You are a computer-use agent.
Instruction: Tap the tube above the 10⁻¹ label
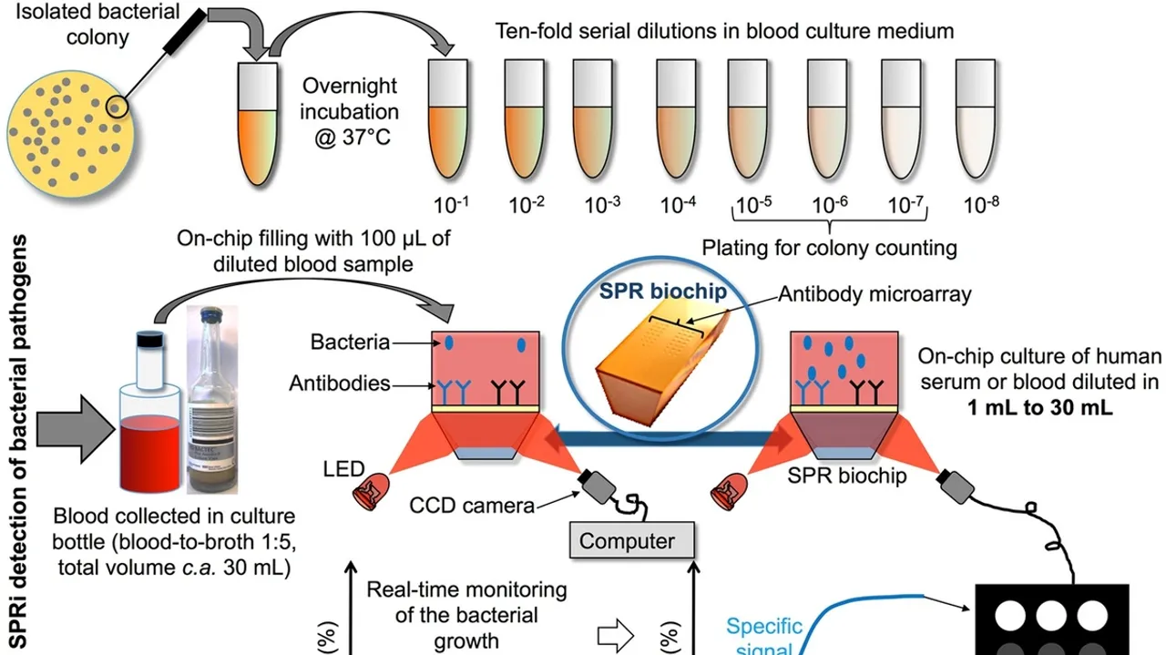[448, 118]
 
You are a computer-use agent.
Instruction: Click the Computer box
[627, 541]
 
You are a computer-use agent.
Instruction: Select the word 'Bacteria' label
[350, 343]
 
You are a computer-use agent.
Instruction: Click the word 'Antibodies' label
[339, 384]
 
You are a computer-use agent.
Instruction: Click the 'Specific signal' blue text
[763, 636]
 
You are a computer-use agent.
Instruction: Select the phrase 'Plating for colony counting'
[829, 247]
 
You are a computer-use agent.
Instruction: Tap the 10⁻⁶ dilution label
[830, 205]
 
